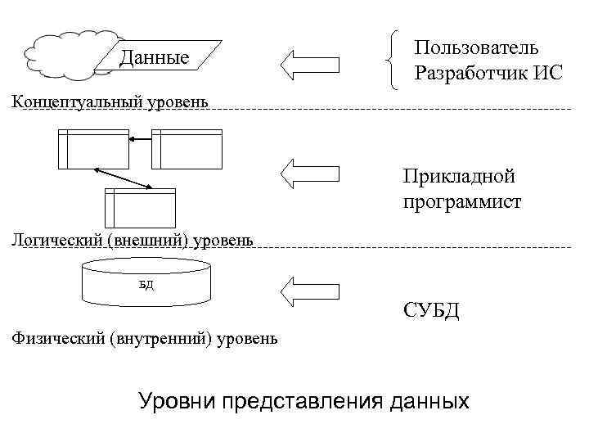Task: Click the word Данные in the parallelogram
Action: coord(154,57)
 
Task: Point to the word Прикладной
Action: coord(457,176)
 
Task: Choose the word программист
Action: coord(461,201)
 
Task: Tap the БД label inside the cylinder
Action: coord(146,285)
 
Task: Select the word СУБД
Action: coord(431,311)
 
